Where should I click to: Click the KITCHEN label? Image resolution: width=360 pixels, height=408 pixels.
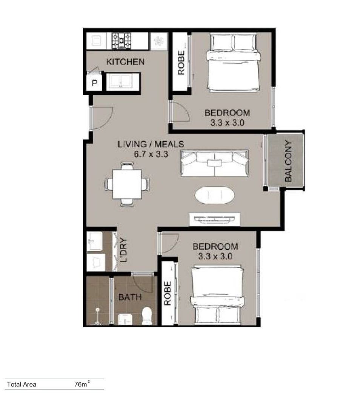point(125,62)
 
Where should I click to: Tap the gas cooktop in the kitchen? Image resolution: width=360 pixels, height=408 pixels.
point(122,40)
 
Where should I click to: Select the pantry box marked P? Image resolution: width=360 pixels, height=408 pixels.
point(94,83)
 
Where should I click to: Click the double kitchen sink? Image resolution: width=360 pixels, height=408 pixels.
point(121,82)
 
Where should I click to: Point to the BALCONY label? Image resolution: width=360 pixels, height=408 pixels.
point(288,161)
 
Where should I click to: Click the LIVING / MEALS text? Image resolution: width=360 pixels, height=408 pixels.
point(151,144)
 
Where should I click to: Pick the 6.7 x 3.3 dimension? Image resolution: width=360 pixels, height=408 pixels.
point(151,154)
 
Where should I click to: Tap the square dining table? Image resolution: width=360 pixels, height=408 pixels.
point(127,184)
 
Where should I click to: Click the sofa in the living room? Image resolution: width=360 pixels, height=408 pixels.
point(214,164)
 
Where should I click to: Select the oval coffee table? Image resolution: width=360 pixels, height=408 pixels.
point(215,195)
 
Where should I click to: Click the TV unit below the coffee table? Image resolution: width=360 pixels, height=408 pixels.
point(214,219)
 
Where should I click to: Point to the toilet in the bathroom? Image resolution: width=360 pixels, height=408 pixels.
point(147,315)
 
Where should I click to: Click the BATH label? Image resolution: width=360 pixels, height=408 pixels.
point(130,297)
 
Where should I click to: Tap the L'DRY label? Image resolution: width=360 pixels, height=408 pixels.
point(124,250)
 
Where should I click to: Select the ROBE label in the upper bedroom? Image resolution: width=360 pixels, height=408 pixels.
point(181,63)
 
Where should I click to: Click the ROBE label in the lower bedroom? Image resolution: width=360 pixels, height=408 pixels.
point(168,293)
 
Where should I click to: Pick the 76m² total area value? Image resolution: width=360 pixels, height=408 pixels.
point(82,384)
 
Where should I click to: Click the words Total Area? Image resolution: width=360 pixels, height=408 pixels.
point(22,384)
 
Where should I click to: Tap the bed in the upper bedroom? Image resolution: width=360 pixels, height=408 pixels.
point(233,62)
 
